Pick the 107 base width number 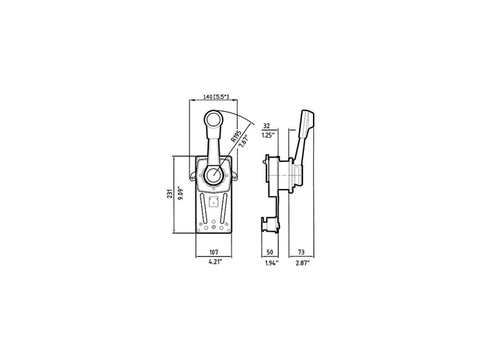click(x=213, y=252)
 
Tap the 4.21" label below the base click(x=216, y=262)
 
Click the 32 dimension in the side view click(x=267, y=126)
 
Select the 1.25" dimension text click(x=268, y=136)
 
